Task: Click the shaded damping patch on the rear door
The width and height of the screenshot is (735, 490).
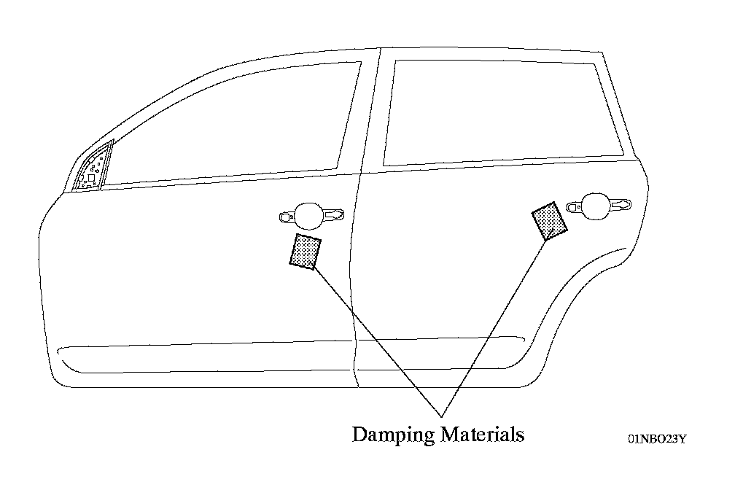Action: [550, 222]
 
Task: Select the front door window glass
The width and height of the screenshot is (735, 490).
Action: [241, 124]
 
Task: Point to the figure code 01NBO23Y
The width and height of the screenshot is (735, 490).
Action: [657, 439]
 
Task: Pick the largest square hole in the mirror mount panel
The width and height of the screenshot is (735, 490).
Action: [91, 177]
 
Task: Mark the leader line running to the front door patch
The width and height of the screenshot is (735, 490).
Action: [372, 335]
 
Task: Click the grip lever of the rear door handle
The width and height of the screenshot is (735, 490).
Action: [621, 205]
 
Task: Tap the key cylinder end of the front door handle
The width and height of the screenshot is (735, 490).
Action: [286, 216]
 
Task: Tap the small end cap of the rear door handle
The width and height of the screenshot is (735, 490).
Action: [571, 207]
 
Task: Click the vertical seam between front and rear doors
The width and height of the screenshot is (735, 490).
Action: [353, 292]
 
